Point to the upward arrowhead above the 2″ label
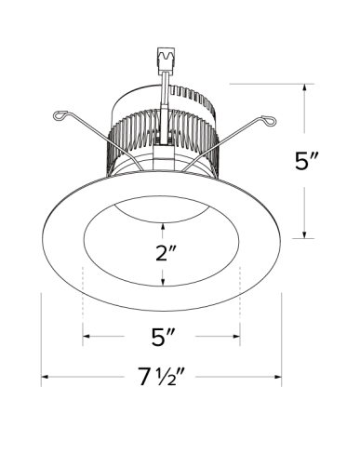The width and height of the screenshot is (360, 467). [164, 224]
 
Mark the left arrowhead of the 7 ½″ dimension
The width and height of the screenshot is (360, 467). [45, 379]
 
